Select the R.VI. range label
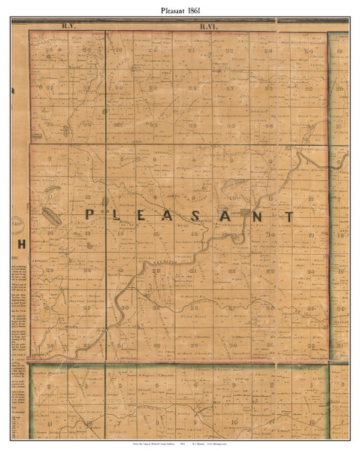(208, 26)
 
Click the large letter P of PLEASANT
(89, 214)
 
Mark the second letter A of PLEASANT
(234, 214)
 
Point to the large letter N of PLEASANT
(260, 214)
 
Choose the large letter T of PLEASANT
(289, 214)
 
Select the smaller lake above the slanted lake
(51, 191)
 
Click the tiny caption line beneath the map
(180, 445)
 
